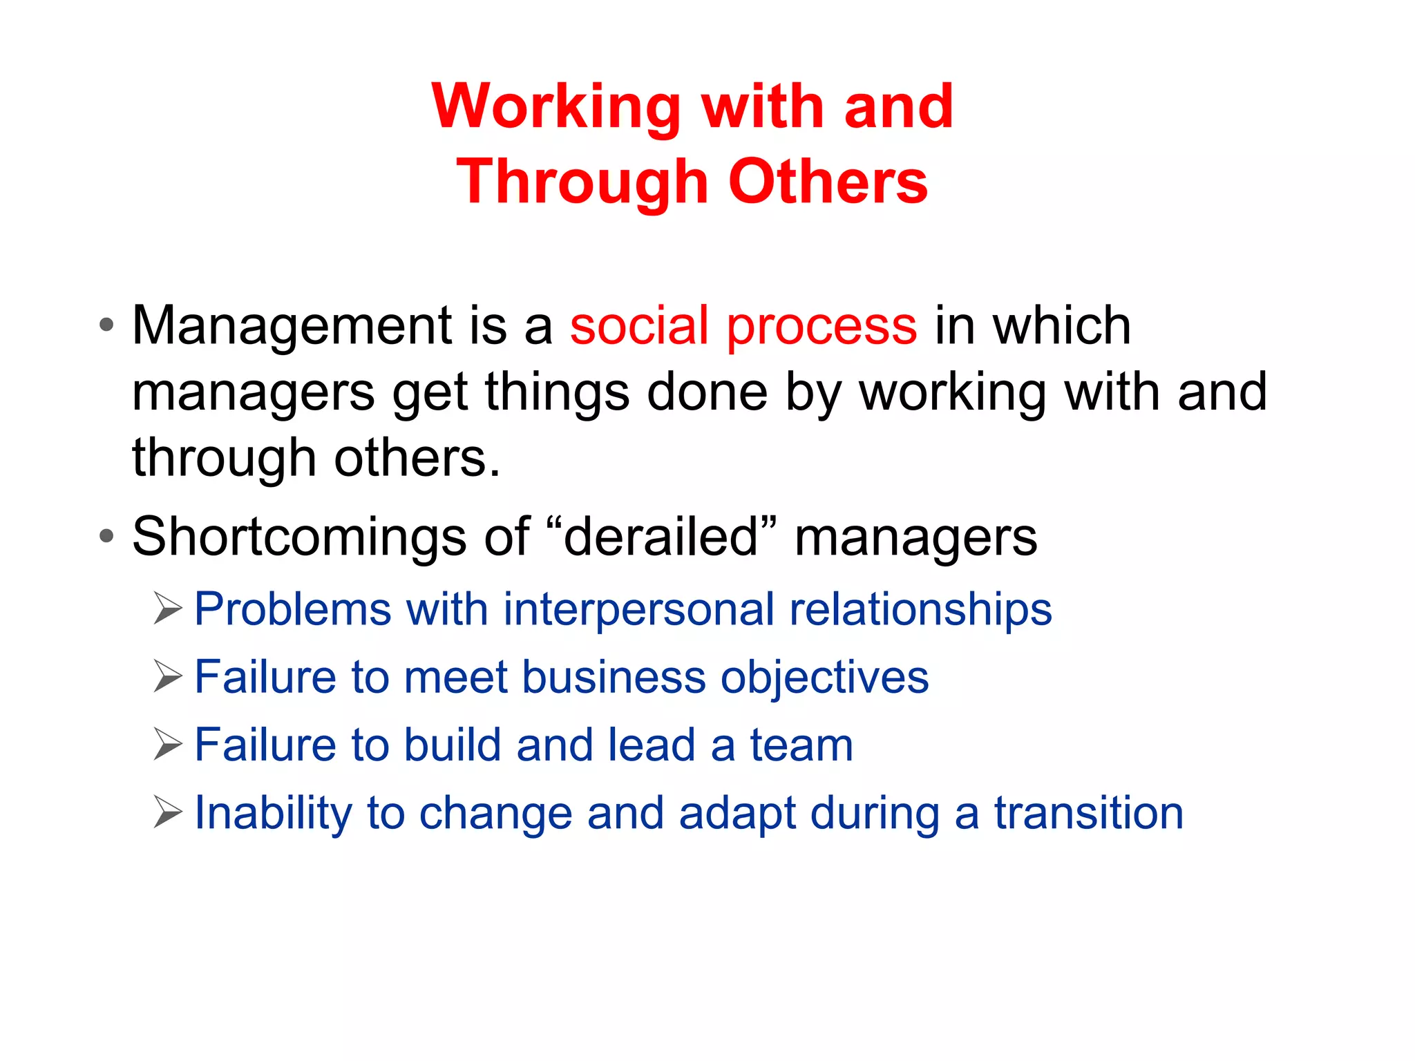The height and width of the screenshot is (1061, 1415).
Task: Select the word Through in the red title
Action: coord(582,182)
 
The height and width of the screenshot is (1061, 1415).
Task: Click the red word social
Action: coord(639,325)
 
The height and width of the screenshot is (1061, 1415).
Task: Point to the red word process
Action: coord(822,326)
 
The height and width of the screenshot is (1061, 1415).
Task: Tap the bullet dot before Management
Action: coord(106,325)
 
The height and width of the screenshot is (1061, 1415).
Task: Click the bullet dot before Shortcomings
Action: coord(106,536)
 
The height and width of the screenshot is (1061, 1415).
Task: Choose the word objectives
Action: coord(825,678)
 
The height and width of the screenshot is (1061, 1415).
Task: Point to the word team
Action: coord(801,745)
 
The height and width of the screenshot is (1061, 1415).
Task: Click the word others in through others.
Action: coord(417,459)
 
